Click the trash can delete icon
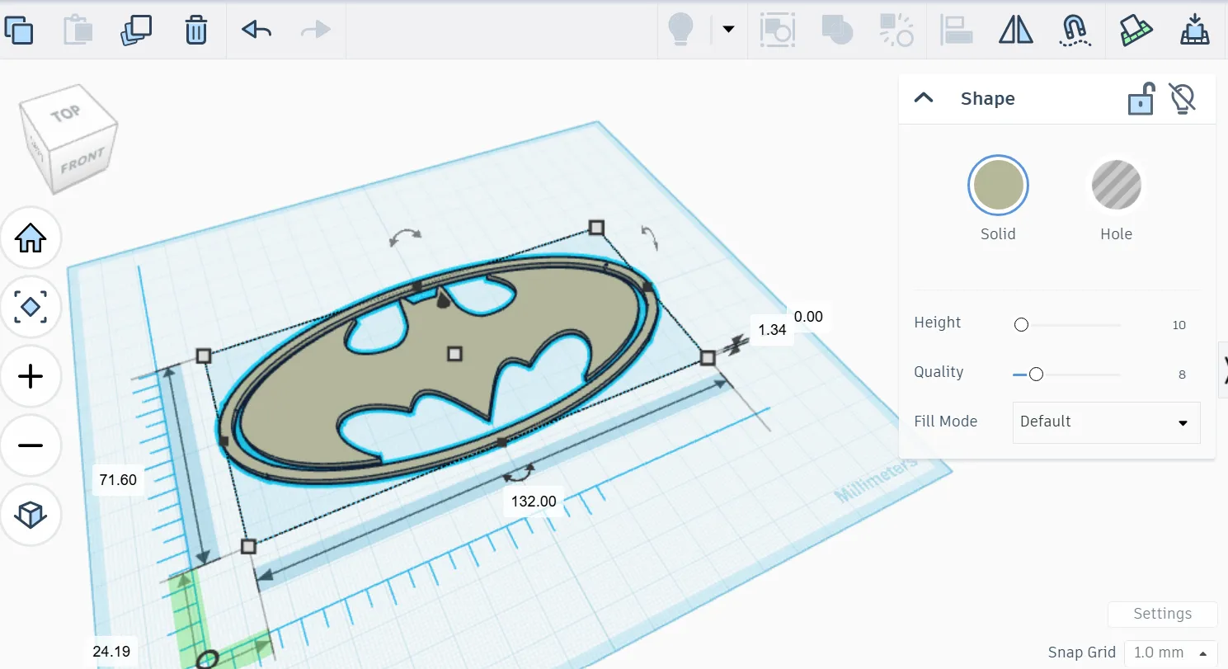point(195,30)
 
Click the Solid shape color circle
point(998,185)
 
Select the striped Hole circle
point(1116,185)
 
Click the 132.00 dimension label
point(534,501)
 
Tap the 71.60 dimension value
point(118,479)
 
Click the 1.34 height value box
point(772,329)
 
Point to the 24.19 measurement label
point(111,651)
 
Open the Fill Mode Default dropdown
point(1106,422)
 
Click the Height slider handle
point(1021,325)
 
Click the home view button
point(31,239)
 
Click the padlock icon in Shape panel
point(1141,99)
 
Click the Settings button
point(1162,614)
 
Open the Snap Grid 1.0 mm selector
point(1170,652)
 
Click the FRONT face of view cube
point(82,160)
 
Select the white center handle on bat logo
point(454,354)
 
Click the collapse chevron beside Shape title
point(925,98)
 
